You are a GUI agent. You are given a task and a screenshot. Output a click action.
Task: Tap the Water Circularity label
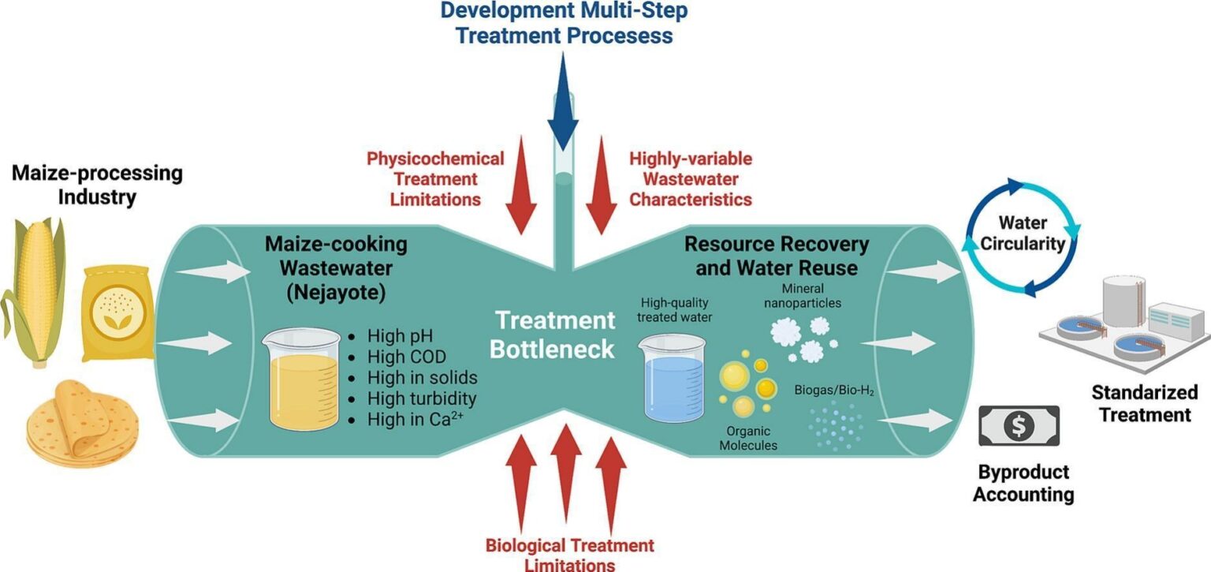pyautogui.click(x=1021, y=234)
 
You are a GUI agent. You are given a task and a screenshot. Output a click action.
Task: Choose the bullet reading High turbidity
pyautogui.click(x=422, y=398)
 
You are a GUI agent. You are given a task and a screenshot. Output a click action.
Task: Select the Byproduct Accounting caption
pyautogui.click(x=1023, y=484)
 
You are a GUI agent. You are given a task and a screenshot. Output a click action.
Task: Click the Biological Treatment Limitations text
pyautogui.click(x=569, y=554)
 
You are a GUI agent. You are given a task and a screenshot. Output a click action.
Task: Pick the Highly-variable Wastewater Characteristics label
pyautogui.click(x=690, y=179)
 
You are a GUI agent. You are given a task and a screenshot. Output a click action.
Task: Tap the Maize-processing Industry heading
pyautogui.click(x=97, y=184)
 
